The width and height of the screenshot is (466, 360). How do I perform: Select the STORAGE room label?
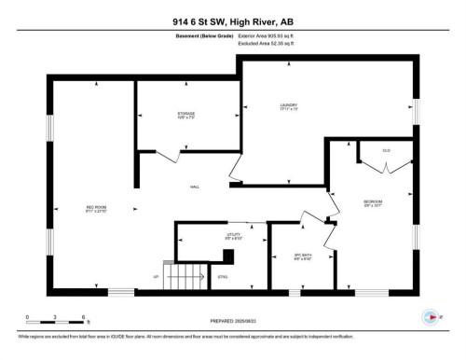click(x=186, y=116)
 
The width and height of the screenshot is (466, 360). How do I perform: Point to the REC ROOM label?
click(x=96, y=208)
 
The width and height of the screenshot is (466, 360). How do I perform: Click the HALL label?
click(x=195, y=187)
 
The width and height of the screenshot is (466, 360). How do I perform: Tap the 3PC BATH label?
click(x=301, y=256)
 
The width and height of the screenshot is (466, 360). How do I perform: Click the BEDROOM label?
click(x=373, y=203)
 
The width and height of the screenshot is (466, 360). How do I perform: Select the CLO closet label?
click(x=387, y=149)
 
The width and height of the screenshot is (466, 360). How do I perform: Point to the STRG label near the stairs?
click(x=222, y=276)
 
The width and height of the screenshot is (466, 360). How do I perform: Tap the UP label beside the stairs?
click(x=157, y=276)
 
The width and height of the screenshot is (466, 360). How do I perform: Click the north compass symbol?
click(x=430, y=317)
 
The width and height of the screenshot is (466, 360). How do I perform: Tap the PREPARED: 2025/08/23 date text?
click(x=233, y=322)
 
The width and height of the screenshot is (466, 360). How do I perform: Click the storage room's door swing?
click(x=168, y=158)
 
